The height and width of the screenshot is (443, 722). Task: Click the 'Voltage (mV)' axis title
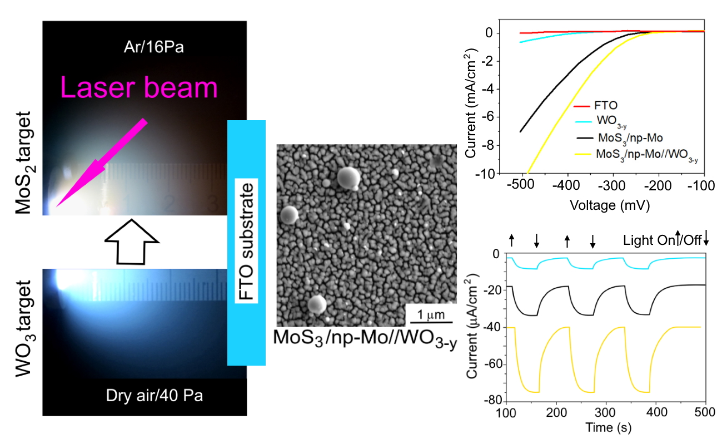[610, 204]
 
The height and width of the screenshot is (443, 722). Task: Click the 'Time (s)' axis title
[608, 428]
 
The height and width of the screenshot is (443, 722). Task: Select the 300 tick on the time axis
[605, 413]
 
